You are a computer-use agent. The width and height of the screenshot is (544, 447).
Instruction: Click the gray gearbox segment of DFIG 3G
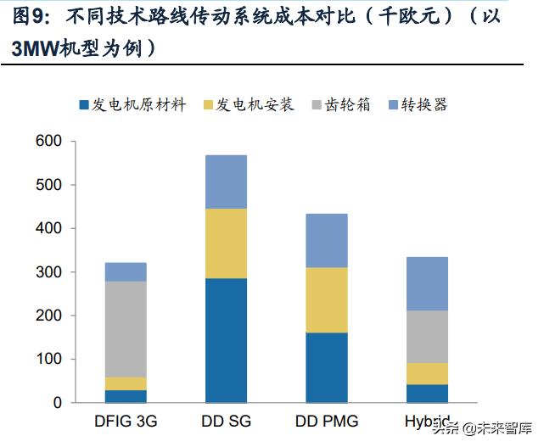(125, 329)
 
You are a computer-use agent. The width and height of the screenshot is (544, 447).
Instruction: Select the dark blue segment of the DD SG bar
(226, 340)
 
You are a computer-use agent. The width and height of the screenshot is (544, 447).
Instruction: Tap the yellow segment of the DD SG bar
(226, 243)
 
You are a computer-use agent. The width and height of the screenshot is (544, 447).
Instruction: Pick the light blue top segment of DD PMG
(327, 240)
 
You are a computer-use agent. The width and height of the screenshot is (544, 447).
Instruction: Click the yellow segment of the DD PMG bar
(327, 300)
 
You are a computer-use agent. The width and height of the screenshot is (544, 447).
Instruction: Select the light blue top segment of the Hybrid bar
(428, 283)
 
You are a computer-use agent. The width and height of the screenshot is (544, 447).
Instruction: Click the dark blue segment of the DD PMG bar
(327, 367)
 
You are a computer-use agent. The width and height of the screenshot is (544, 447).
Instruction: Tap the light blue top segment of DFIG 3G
(125, 271)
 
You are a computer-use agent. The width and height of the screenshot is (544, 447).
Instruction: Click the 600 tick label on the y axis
(50, 142)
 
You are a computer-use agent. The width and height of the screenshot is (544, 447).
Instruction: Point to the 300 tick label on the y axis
(50, 272)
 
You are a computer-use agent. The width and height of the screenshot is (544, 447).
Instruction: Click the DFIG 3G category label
(125, 421)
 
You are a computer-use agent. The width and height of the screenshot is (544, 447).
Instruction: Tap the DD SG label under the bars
(226, 421)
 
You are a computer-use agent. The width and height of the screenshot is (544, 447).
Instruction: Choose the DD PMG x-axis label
(327, 421)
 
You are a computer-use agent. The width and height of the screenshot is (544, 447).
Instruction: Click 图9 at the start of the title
(25, 19)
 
